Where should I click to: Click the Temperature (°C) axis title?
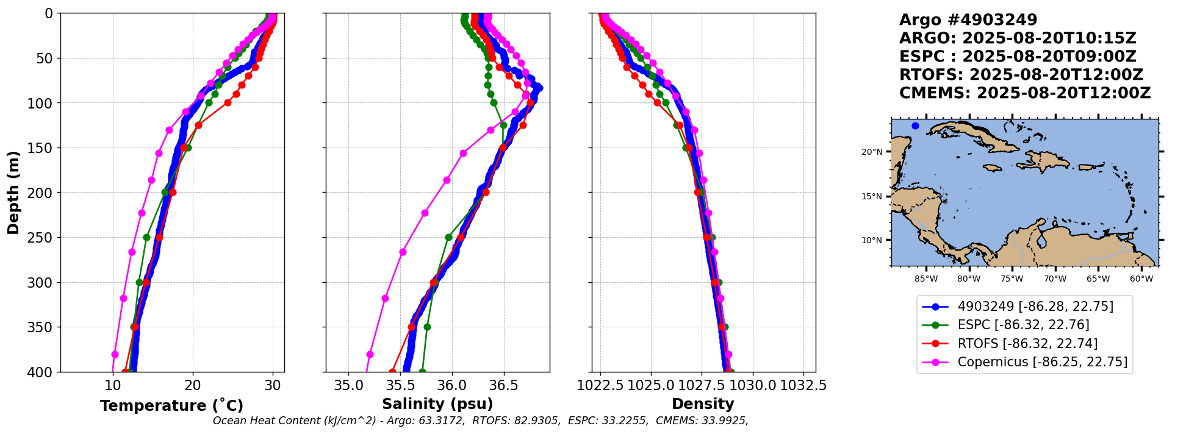[171, 405]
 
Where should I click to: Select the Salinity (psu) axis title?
[437, 404]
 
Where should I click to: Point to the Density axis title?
[703, 404]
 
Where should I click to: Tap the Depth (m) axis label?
[13, 193]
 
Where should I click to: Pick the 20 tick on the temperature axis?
[193, 385]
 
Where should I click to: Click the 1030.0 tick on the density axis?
[752, 385]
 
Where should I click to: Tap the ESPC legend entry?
[1006, 325]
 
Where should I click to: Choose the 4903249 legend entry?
[1018, 307]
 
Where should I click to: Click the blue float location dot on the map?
[915, 126]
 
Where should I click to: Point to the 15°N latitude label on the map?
[872, 196]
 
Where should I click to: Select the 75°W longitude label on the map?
[1012, 279]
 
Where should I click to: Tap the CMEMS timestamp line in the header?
[1025, 93]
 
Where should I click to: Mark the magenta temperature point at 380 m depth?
[115, 354]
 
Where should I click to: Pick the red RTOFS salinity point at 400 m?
[392, 371]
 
